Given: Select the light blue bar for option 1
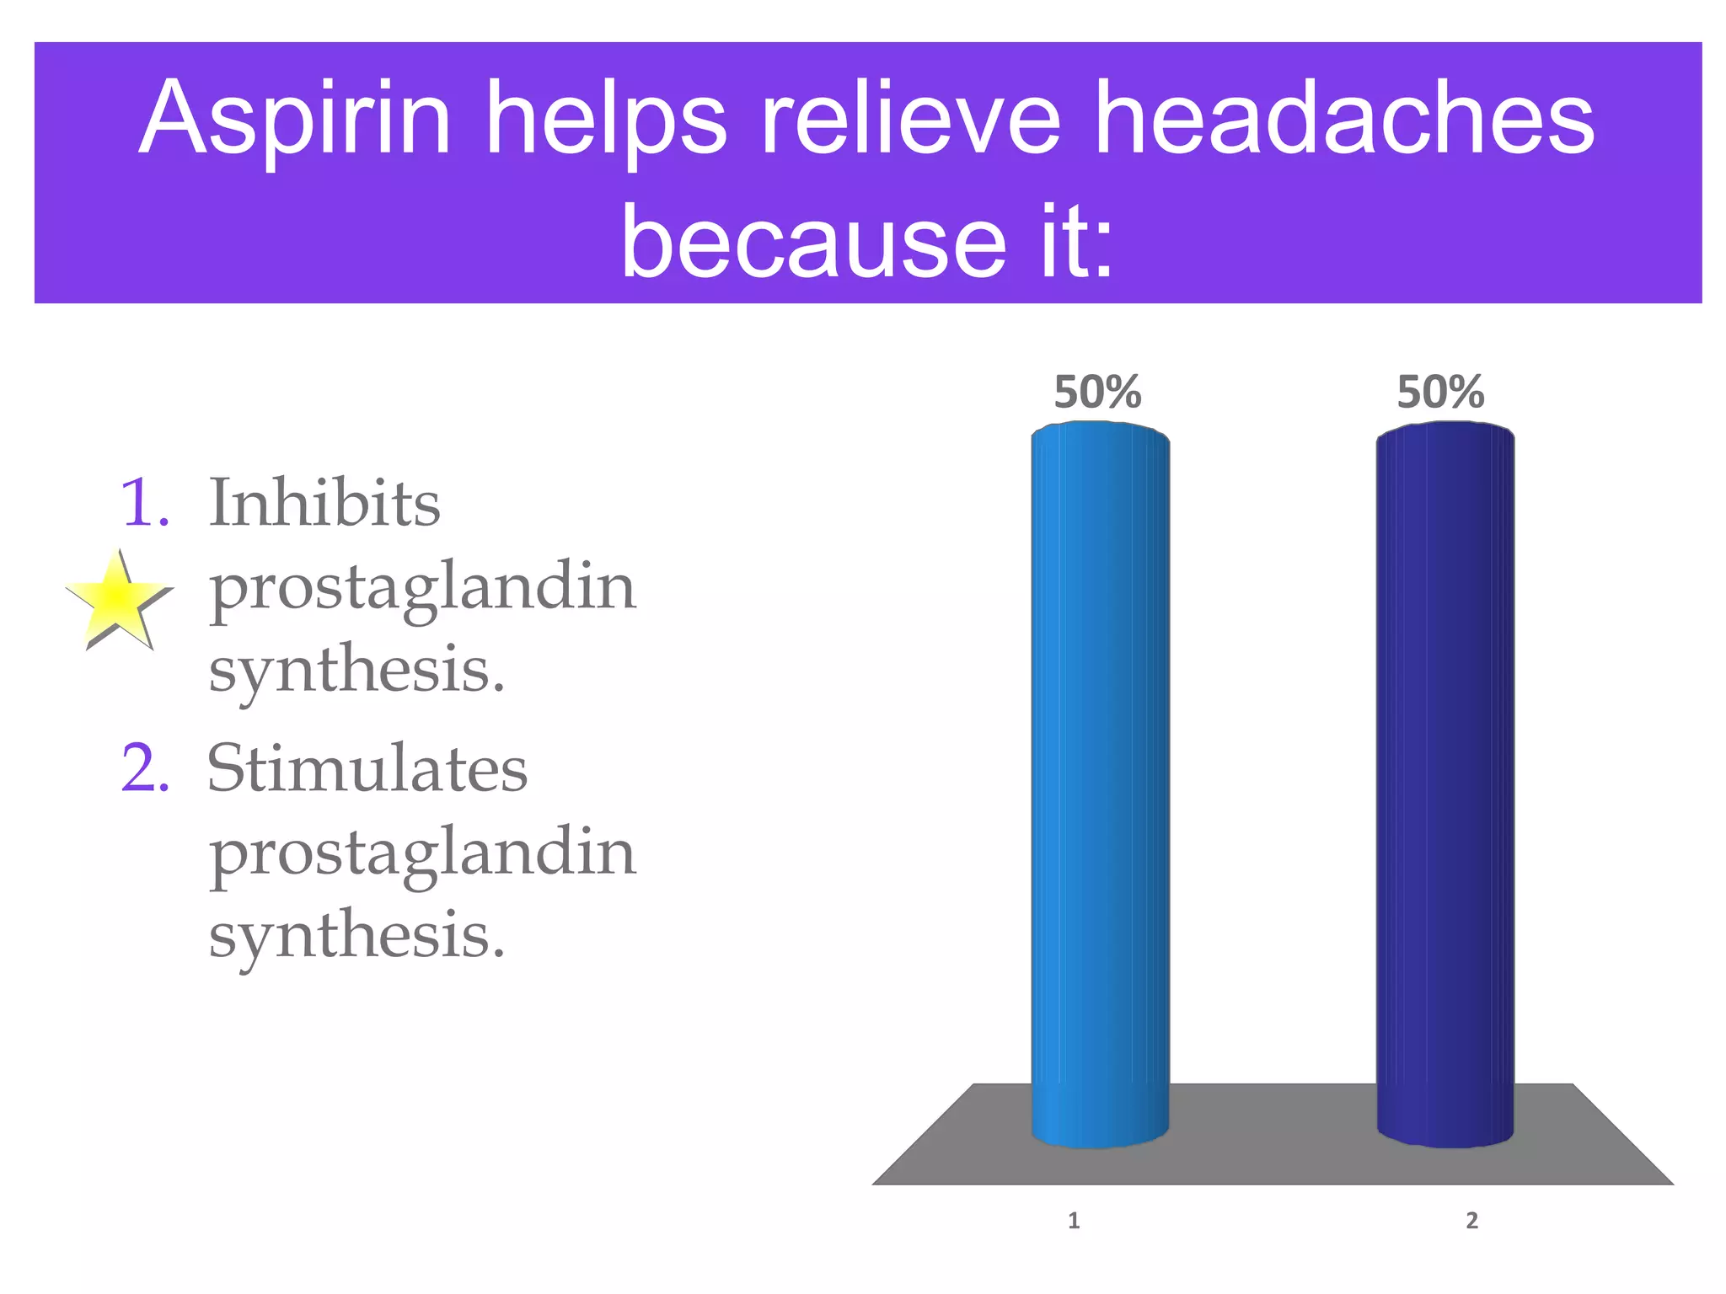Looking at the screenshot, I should point(1100,783).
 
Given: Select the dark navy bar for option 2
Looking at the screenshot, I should point(1445,783).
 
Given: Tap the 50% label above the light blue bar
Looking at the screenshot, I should point(1097,393).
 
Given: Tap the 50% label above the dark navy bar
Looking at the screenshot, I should point(1440,393).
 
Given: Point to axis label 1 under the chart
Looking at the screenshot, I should point(1074,1220).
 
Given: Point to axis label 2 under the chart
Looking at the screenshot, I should point(1471,1220).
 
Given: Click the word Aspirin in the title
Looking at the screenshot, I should point(295,120).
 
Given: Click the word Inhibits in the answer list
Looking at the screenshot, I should point(324,503).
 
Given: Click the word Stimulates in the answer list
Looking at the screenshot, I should point(367,768).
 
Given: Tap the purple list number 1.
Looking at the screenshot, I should point(144,504).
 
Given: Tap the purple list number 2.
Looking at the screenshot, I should point(145,769).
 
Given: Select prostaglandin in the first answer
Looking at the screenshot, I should point(422,588).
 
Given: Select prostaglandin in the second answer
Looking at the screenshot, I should point(422,854).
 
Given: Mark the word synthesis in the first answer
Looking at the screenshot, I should point(356,671).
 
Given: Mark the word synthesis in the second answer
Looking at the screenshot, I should point(356,936).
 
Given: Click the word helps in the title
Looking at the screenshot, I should point(607,120).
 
